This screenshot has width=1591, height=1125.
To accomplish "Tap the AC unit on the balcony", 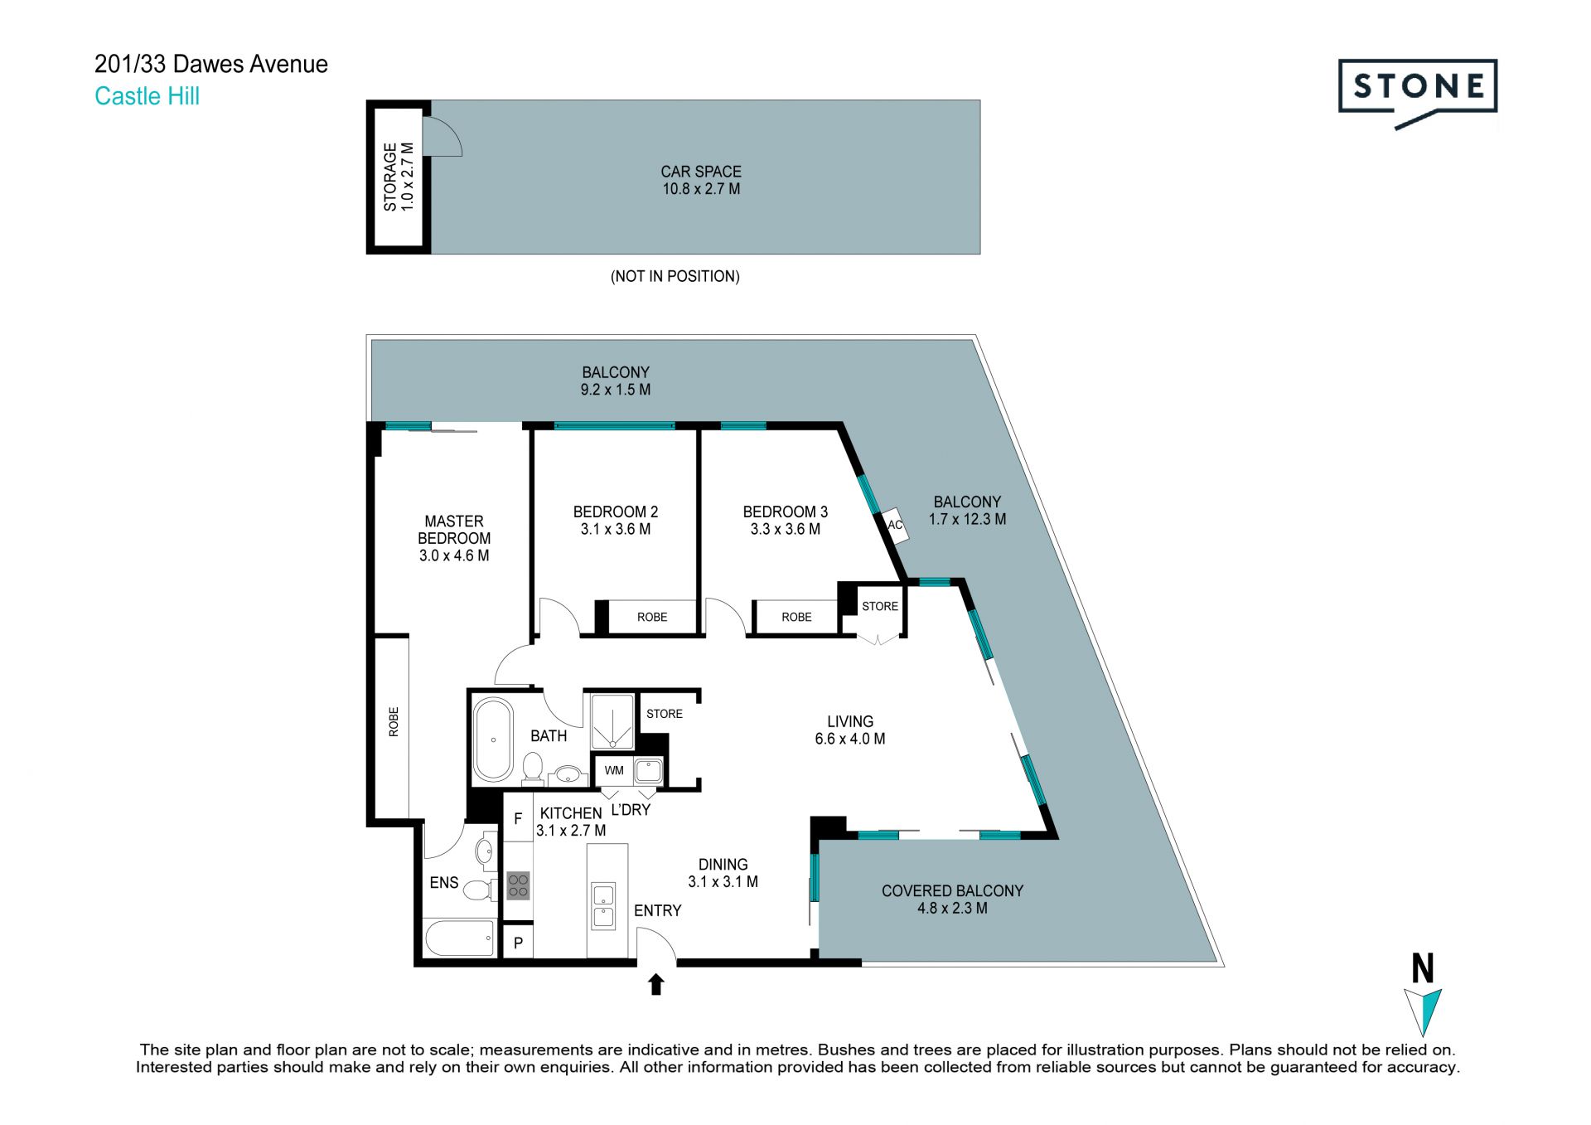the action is click(895, 525).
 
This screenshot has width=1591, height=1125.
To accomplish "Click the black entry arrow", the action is click(656, 984).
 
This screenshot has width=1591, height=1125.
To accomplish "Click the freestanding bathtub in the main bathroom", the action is click(493, 739).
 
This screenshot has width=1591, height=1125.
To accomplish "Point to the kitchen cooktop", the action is click(518, 885).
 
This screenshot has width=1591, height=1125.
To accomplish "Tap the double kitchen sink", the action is click(603, 906).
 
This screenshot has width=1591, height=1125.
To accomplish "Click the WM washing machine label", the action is click(614, 770).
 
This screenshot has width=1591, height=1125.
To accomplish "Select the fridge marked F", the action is click(518, 819).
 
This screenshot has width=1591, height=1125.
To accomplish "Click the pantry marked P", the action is click(518, 943).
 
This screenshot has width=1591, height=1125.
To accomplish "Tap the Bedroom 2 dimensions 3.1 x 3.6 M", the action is click(616, 529).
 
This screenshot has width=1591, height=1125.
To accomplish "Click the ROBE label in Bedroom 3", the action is click(796, 617).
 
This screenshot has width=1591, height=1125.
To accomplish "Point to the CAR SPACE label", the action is click(701, 172).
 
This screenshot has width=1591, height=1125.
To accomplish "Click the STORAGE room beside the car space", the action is click(399, 177).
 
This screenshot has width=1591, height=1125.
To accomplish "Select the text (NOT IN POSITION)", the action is click(675, 276).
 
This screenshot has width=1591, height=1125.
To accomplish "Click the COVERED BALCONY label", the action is click(952, 890).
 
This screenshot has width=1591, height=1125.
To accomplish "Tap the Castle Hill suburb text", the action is click(147, 96).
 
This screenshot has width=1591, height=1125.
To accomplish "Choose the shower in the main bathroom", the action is click(612, 722).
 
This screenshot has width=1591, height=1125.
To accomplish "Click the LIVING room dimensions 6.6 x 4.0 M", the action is click(850, 739).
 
